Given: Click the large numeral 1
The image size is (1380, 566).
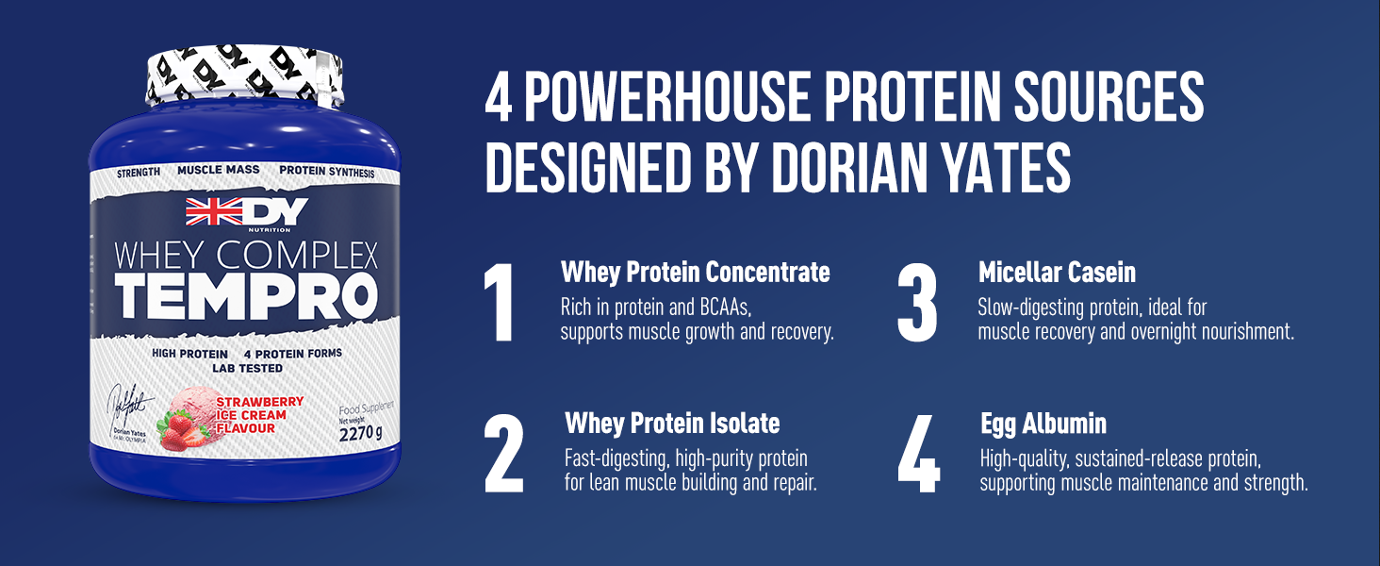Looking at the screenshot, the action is tap(500, 302).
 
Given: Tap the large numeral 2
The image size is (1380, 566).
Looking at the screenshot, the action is tap(504, 453).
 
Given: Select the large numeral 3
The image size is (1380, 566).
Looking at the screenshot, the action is tap(917, 302).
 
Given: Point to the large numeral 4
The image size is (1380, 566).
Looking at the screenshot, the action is tap(918, 453).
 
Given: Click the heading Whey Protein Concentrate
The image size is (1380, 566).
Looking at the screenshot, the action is tap(696, 273).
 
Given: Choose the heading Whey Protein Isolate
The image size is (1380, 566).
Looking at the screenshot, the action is tap(672, 424).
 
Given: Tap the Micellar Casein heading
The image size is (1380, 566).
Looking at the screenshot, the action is tap(1058, 273).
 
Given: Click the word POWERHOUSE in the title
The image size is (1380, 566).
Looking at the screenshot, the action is tap(667, 97).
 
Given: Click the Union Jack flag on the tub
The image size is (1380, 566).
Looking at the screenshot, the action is tap(214, 211).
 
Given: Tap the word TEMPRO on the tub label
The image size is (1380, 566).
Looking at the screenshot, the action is tap(246, 296).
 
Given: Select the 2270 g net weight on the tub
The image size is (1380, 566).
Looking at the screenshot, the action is tap(360, 433).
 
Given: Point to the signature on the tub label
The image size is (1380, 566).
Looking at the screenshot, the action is tap(129, 405).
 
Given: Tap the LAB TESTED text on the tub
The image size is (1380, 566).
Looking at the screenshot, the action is tap(248, 368).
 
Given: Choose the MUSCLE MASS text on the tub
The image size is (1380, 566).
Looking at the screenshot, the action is tap(219, 170).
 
